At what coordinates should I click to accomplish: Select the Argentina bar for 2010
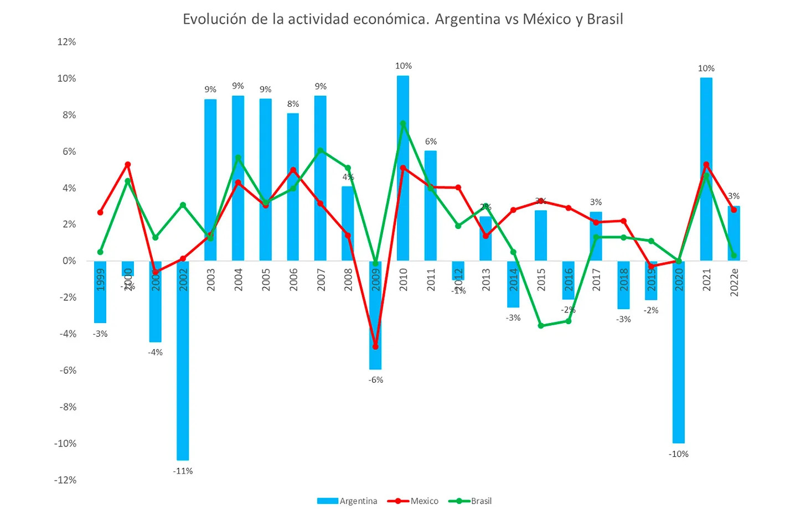403,166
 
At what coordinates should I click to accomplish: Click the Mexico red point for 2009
376,347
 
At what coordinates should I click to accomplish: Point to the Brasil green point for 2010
403,123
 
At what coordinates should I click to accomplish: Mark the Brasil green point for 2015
541,326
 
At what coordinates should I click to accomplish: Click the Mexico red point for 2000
128,164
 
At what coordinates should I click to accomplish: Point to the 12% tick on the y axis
66,42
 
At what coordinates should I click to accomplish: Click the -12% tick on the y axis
65,480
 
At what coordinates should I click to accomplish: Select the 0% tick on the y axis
69,261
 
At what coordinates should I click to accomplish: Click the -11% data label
183,471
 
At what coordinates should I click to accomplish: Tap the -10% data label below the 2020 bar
679,454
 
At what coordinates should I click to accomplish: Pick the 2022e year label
734,282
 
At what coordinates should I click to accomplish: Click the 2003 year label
211,280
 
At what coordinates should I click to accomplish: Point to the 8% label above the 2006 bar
293,104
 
